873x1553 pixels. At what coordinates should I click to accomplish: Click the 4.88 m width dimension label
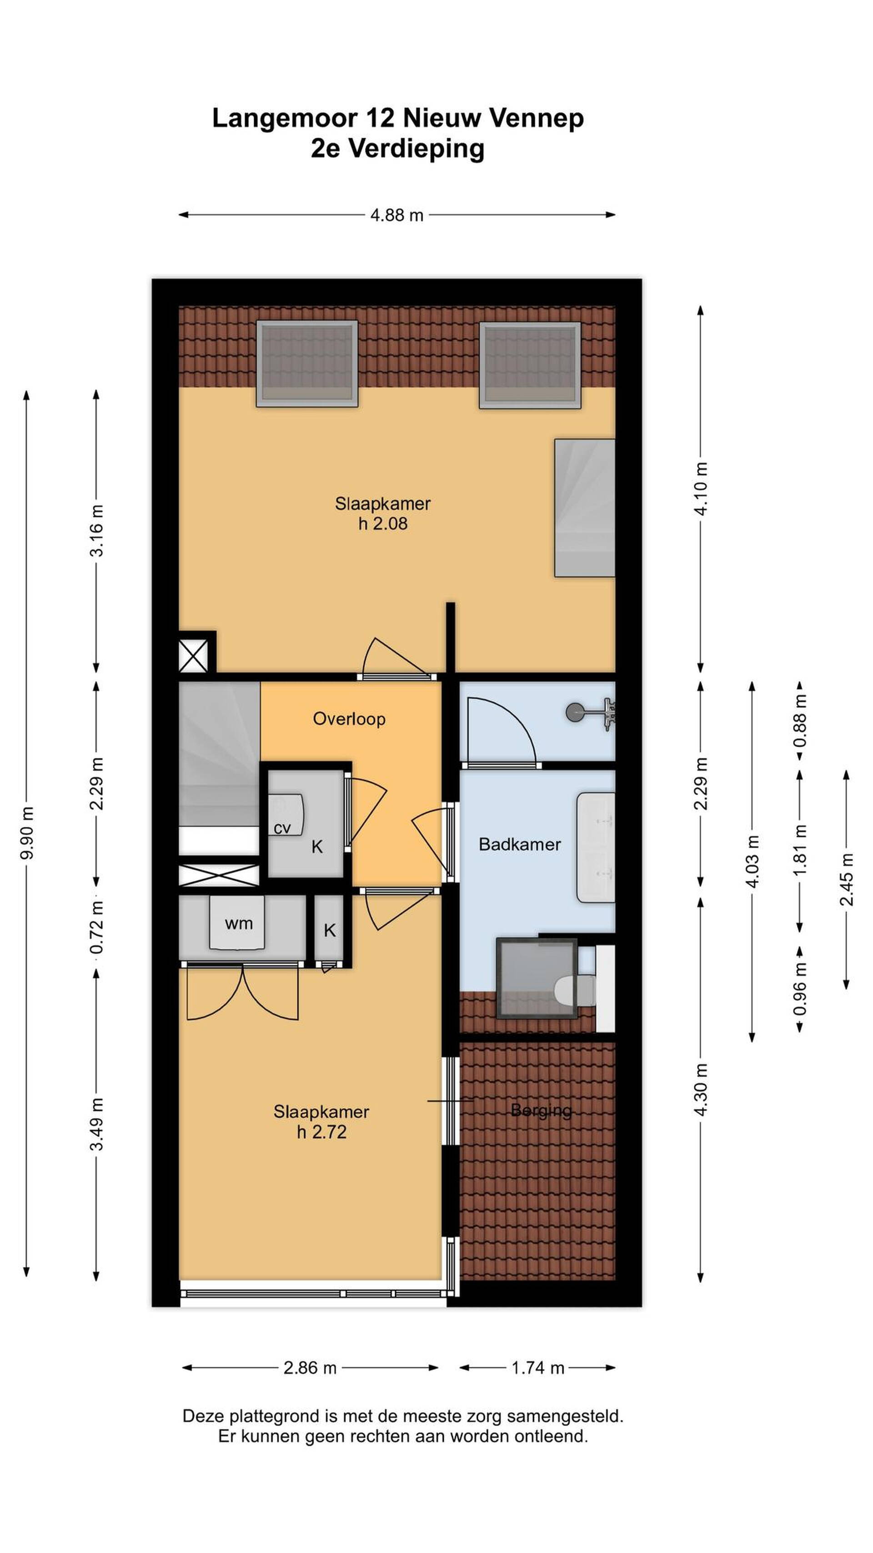click(x=396, y=215)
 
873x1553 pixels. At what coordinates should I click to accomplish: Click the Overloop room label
click(x=349, y=718)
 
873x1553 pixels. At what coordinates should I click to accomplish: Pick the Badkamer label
click(x=519, y=844)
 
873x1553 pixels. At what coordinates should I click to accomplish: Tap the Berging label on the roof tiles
click(x=541, y=1110)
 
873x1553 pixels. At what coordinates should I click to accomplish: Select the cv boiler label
click(x=282, y=828)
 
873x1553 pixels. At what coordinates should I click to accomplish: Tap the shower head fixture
click(x=591, y=713)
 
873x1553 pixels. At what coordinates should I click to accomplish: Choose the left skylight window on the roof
click(x=306, y=364)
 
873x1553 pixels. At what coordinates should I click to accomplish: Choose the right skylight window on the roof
click(x=530, y=365)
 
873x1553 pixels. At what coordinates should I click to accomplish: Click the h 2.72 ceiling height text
click(x=321, y=1132)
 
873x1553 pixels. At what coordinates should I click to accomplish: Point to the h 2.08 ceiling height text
click(x=382, y=523)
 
